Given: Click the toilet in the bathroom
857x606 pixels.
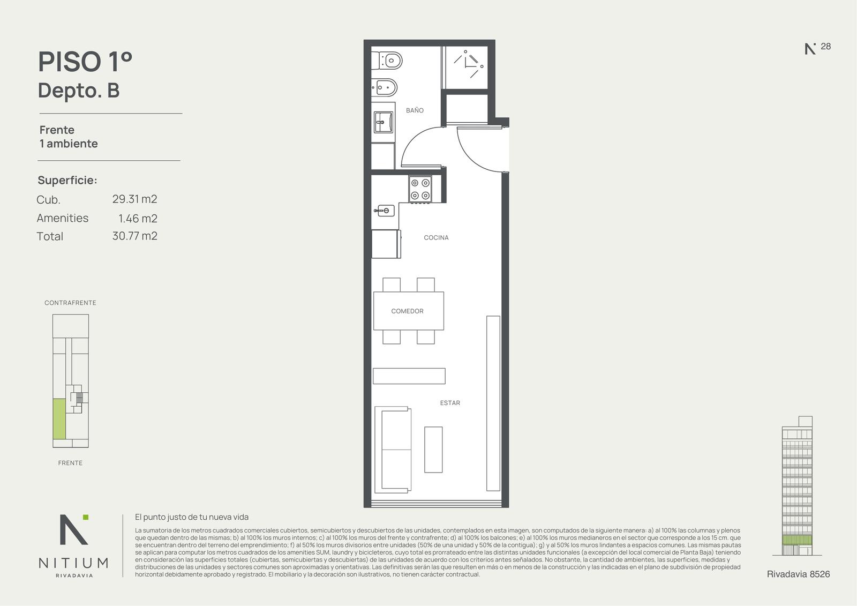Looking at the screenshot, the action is click(x=387, y=61).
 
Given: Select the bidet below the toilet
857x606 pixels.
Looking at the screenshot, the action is click(x=385, y=88).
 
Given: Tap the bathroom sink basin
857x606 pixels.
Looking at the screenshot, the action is click(x=383, y=122).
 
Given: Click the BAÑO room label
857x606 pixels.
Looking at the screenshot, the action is click(x=415, y=110).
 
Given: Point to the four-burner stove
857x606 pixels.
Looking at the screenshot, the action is click(x=420, y=189).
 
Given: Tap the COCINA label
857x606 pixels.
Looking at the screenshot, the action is click(x=436, y=238).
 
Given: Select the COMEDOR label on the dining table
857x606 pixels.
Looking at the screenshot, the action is click(x=407, y=311).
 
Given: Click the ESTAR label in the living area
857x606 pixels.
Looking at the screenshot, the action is click(x=450, y=403).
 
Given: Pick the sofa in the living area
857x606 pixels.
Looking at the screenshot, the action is click(x=393, y=450).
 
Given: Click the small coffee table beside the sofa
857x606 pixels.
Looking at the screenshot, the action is click(x=433, y=450).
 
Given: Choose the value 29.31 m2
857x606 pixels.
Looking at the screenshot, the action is click(x=134, y=199).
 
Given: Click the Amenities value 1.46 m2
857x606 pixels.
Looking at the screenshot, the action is click(x=138, y=218).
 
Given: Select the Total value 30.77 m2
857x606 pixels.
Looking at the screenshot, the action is click(x=134, y=236).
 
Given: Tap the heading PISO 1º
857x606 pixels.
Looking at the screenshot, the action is click(x=85, y=62).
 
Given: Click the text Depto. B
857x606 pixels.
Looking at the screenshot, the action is click(x=79, y=91).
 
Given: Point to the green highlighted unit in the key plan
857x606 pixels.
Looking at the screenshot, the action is click(x=59, y=419).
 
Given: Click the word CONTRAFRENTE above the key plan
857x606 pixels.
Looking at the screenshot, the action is click(x=70, y=303).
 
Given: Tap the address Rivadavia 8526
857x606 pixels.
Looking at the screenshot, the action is click(x=799, y=574).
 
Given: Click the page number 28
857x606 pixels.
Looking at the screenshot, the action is click(x=825, y=46).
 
